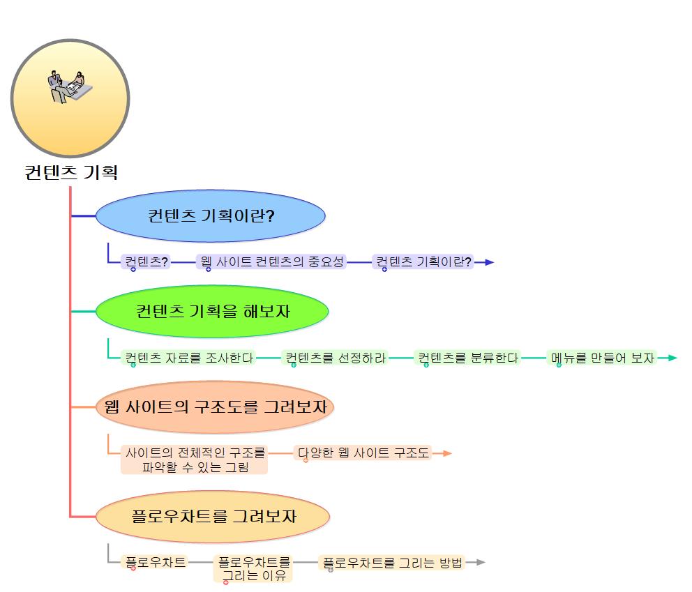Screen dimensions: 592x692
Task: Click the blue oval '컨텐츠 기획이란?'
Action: coord(211,216)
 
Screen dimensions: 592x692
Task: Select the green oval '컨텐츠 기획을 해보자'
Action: coord(212,311)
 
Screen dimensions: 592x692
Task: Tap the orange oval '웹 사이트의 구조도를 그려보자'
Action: coord(215,407)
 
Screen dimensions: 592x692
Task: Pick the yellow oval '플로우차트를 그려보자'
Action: coord(212,517)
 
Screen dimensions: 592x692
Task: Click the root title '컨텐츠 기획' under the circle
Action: coord(70,172)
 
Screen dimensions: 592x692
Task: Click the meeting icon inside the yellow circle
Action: coord(69,86)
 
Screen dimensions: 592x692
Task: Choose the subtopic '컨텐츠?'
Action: coord(146,262)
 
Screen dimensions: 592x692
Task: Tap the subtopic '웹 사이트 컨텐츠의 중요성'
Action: coord(272,262)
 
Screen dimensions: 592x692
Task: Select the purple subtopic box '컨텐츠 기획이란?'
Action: coord(423,262)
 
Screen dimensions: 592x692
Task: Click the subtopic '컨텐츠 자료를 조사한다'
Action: coord(188,358)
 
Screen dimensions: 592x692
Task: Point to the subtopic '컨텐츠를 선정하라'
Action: coord(335,358)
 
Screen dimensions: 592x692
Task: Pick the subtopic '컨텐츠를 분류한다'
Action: coord(468,358)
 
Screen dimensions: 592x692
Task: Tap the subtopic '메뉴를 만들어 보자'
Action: coord(602,358)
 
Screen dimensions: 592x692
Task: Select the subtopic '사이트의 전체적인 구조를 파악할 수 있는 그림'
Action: coord(195,460)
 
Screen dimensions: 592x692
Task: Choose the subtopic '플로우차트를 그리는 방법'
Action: coord(393,562)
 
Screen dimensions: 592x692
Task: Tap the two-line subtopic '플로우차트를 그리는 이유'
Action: coord(254,568)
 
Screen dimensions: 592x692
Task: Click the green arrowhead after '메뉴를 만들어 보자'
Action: coord(672,358)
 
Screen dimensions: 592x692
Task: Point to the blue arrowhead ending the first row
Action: coord(489,262)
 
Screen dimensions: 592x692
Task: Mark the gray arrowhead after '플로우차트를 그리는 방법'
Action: coord(480,562)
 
